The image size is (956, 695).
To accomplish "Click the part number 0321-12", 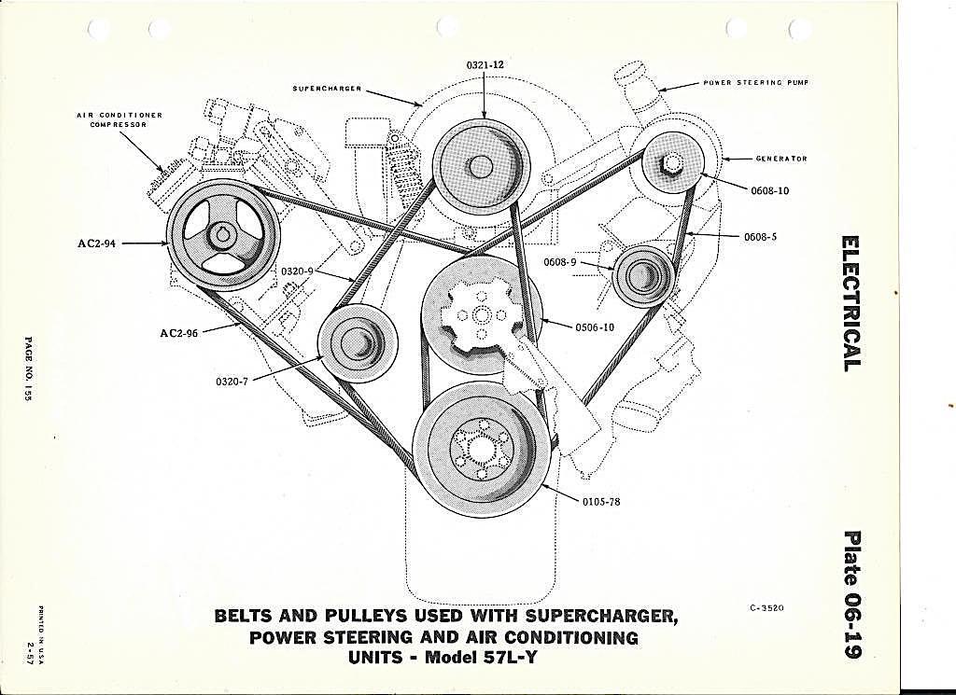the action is pos(485,64).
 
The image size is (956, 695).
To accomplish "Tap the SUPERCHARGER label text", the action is pos(327,89).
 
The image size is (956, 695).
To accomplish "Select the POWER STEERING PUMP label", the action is pos(756,82).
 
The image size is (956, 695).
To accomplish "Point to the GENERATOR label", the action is pos(781,159).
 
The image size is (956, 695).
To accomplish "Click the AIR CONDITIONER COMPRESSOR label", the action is pos(119,119).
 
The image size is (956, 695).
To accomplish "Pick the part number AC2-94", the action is pos(96,243).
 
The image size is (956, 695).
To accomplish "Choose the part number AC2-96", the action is pos(178,333).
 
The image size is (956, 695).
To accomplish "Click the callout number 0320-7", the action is pos(231,382).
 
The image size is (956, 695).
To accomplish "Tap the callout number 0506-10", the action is pos(595,327).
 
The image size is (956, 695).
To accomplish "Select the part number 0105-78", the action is pos(600,503).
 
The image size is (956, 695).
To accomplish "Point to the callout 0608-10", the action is pos(769,190).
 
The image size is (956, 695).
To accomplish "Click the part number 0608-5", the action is pos(760,236).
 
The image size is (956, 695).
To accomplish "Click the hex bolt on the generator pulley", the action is pos(671,163).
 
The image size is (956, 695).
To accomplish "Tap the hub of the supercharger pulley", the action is pos(481,166).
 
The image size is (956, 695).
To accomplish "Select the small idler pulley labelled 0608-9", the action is pos(642,276).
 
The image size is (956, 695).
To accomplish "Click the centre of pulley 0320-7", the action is pos(358,341).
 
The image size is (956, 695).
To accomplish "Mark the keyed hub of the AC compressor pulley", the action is pos(221,233).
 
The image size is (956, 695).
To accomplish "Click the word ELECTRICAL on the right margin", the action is pos(851,303).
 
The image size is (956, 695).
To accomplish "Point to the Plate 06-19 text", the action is pos(851,594).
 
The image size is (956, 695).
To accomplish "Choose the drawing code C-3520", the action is pos(767,608).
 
